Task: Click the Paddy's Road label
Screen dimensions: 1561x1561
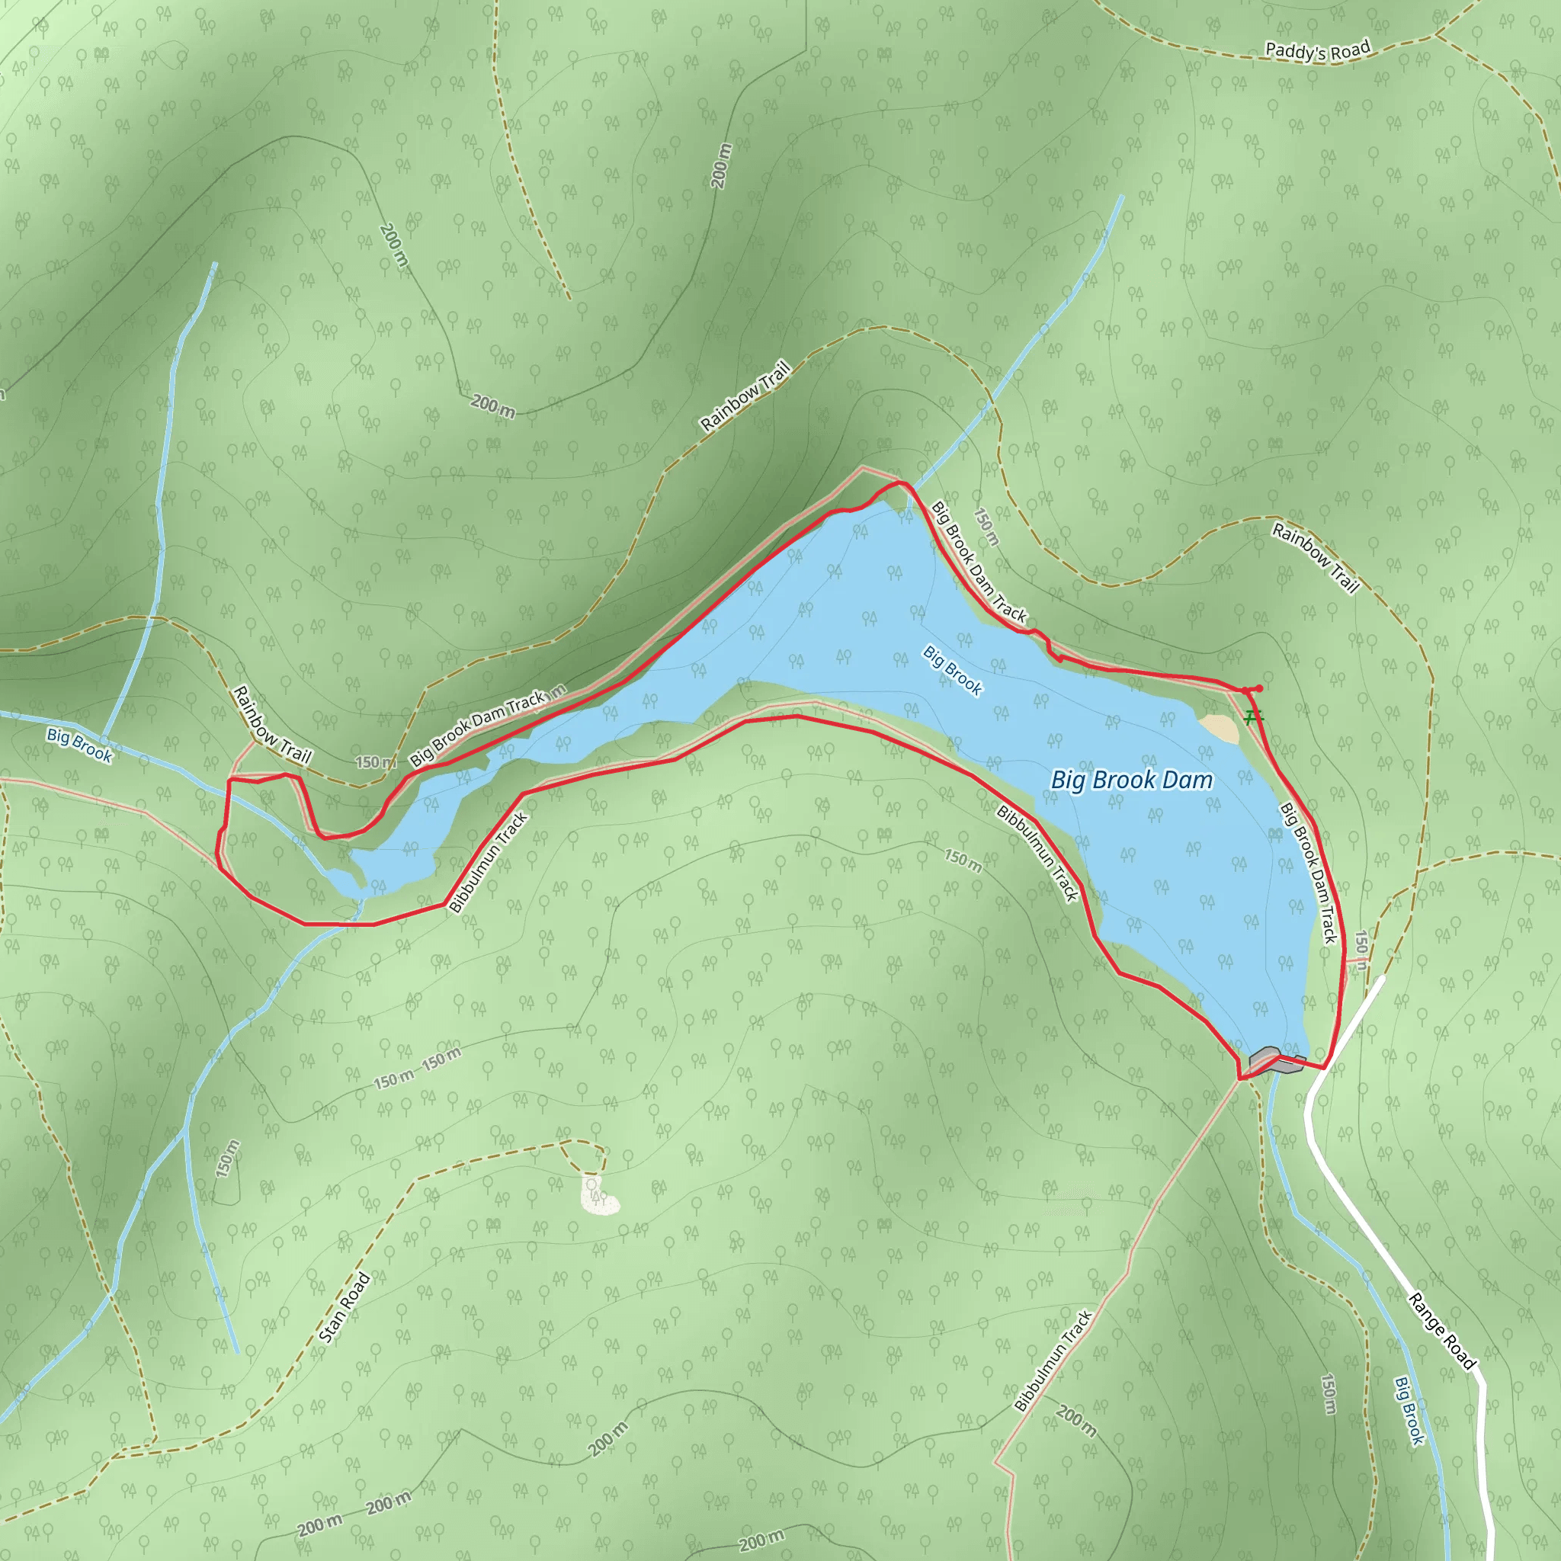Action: coord(1317,51)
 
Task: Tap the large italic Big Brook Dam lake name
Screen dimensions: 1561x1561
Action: coord(1131,780)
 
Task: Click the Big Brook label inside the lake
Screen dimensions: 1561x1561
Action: coord(953,670)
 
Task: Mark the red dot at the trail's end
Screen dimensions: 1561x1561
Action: coord(1260,688)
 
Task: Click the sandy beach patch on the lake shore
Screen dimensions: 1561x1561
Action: coord(1220,727)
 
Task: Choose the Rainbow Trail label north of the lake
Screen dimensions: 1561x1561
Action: coord(744,396)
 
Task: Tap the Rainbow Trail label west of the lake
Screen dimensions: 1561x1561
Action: coord(271,725)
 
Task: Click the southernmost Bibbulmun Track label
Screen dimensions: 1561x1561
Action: coord(1053,1361)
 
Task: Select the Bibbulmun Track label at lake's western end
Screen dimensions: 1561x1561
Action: coord(488,863)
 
